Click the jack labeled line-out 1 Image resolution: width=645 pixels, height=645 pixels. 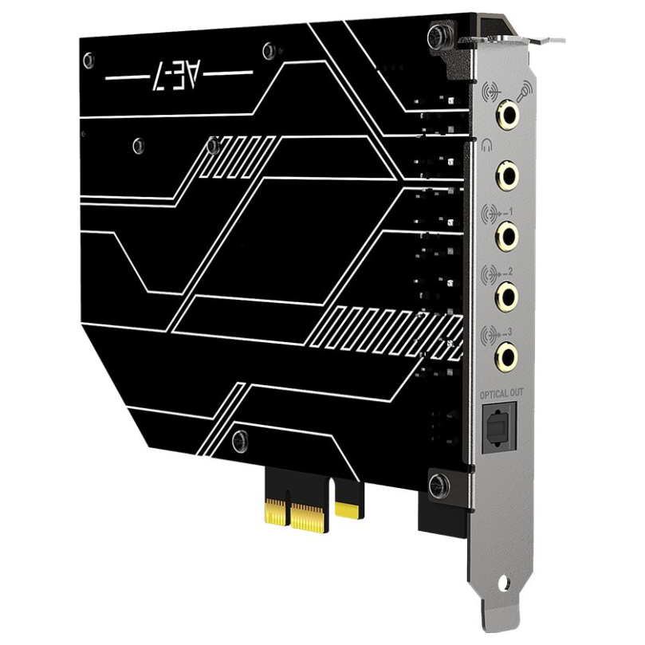point(507,235)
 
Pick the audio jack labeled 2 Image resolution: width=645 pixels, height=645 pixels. point(507,297)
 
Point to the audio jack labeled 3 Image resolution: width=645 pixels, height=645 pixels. point(507,353)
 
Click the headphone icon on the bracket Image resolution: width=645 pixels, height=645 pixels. point(488,144)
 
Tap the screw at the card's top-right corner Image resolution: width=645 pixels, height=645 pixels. point(436,36)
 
